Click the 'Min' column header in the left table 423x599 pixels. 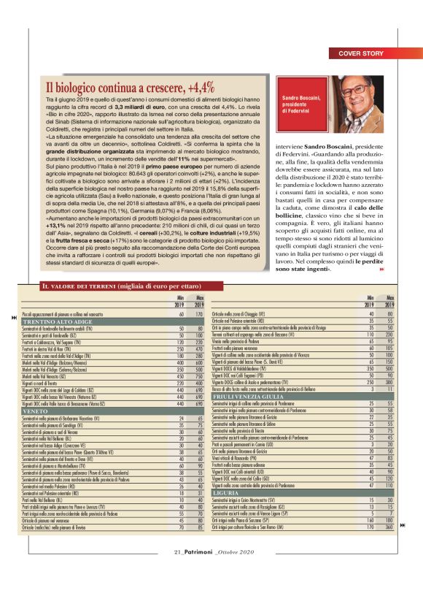179,298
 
